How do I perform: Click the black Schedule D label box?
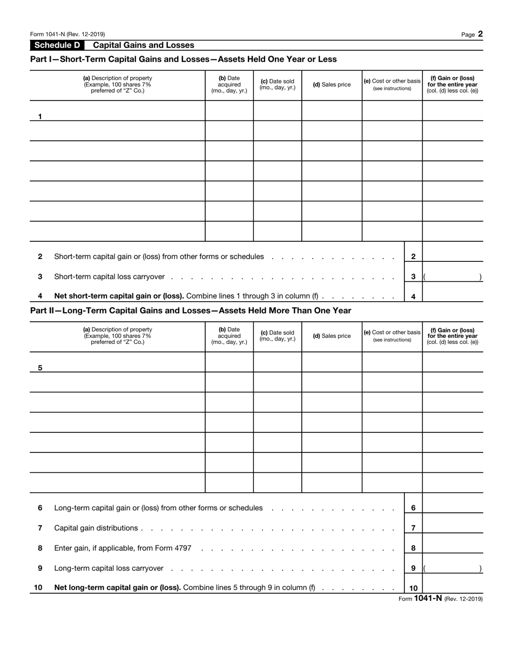[57, 45]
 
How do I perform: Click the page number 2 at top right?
[480, 34]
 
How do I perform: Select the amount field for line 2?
[453, 256]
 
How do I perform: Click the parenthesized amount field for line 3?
[453, 276]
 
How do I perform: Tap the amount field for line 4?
[453, 296]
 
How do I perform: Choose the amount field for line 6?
[453, 508]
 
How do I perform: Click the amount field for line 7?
[453, 528]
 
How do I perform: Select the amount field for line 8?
[453, 548]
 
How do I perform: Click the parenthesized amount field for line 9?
[453, 568]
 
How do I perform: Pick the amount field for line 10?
[453, 587]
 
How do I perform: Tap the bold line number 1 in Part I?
[40, 117]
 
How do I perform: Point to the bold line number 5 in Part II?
[40, 368]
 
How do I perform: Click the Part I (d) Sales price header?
[332, 84]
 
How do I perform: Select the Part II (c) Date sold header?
[278, 335]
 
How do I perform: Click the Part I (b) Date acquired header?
[229, 84]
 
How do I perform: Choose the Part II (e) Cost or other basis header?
[392, 335]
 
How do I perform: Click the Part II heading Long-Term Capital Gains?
[191, 310]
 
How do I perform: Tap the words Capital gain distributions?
[96, 528]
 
